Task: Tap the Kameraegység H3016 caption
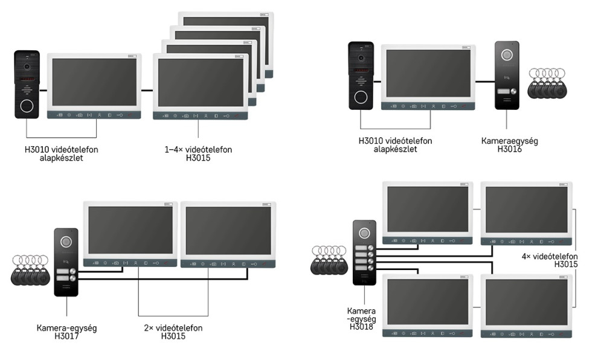pyautogui.click(x=510, y=145)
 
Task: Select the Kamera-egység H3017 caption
pyautogui.click(x=66, y=332)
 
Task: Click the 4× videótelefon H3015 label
pyautogui.click(x=549, y=260)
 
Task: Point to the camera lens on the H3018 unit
pyautogui.click(x=364, y=233)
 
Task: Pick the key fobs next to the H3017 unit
pyautogui.click(x=29, y=270)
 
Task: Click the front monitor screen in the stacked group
pyautogui.click(x=201, y=83)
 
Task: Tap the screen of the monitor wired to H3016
pyautogui.click(x=428, y=73)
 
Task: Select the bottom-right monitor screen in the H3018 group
pyautogui.click(x=526, y=303)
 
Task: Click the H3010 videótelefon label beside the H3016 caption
pyautogui.click(x=395, y=145)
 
